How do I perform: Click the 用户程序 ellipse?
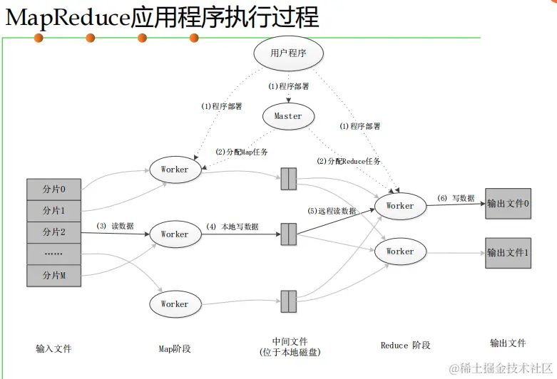click(x=287, y=53)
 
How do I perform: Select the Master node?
click(x=288, y=116)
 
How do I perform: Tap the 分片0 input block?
click(x=53, y=190)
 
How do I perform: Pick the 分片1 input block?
click(x=53, y=211)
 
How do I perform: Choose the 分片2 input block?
click(x=53, y=232)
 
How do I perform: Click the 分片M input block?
click(x=53, y=275)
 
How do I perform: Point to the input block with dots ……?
click(x=53, y=254)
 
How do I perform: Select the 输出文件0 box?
click(x=508, y=203)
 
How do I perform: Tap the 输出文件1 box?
click(x=508, y=253)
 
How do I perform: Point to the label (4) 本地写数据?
click(x=232, y=227)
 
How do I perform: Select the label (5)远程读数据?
click(x=332, y=212)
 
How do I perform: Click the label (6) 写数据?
click(x=456, y=198)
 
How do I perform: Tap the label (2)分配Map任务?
click(x=241, y=152)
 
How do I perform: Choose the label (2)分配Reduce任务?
click(x=349, y=162)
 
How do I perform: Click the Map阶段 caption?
click(x=175, y=349)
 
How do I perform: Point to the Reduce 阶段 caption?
click(x=405, y=346)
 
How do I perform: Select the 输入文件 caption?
click(x=53, y=349)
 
